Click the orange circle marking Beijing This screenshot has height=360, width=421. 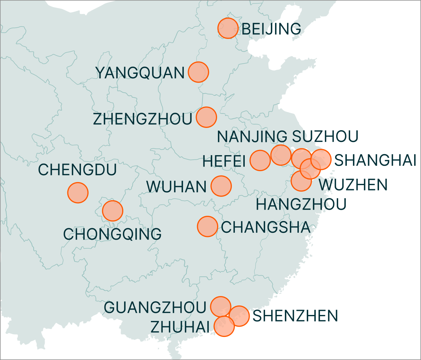[228, 28]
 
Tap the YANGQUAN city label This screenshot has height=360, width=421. [140, 73]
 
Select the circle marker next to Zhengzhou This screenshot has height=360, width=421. [207, 117]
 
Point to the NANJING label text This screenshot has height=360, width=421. [252, 137]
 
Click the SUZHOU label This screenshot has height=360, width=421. [325, 137]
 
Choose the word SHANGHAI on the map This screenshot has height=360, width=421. [376, 161]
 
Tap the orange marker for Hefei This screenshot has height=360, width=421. [260, 160]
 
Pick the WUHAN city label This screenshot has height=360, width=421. [177, 187]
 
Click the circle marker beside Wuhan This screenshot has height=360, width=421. [221, 186]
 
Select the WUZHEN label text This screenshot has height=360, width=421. [353, 185]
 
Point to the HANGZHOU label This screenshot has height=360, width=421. [301, 204]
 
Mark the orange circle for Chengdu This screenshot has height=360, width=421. [78, 192]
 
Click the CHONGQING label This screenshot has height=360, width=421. [112, 234]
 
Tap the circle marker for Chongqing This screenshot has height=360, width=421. [113, 211]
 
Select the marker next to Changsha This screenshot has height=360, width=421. [207, 227]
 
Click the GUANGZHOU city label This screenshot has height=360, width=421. [155, 307]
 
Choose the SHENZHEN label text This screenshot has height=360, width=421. [295, 316]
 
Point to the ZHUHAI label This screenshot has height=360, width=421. [181, 326]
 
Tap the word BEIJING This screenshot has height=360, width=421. [271, 29]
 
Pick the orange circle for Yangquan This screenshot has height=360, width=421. [198, 72]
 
